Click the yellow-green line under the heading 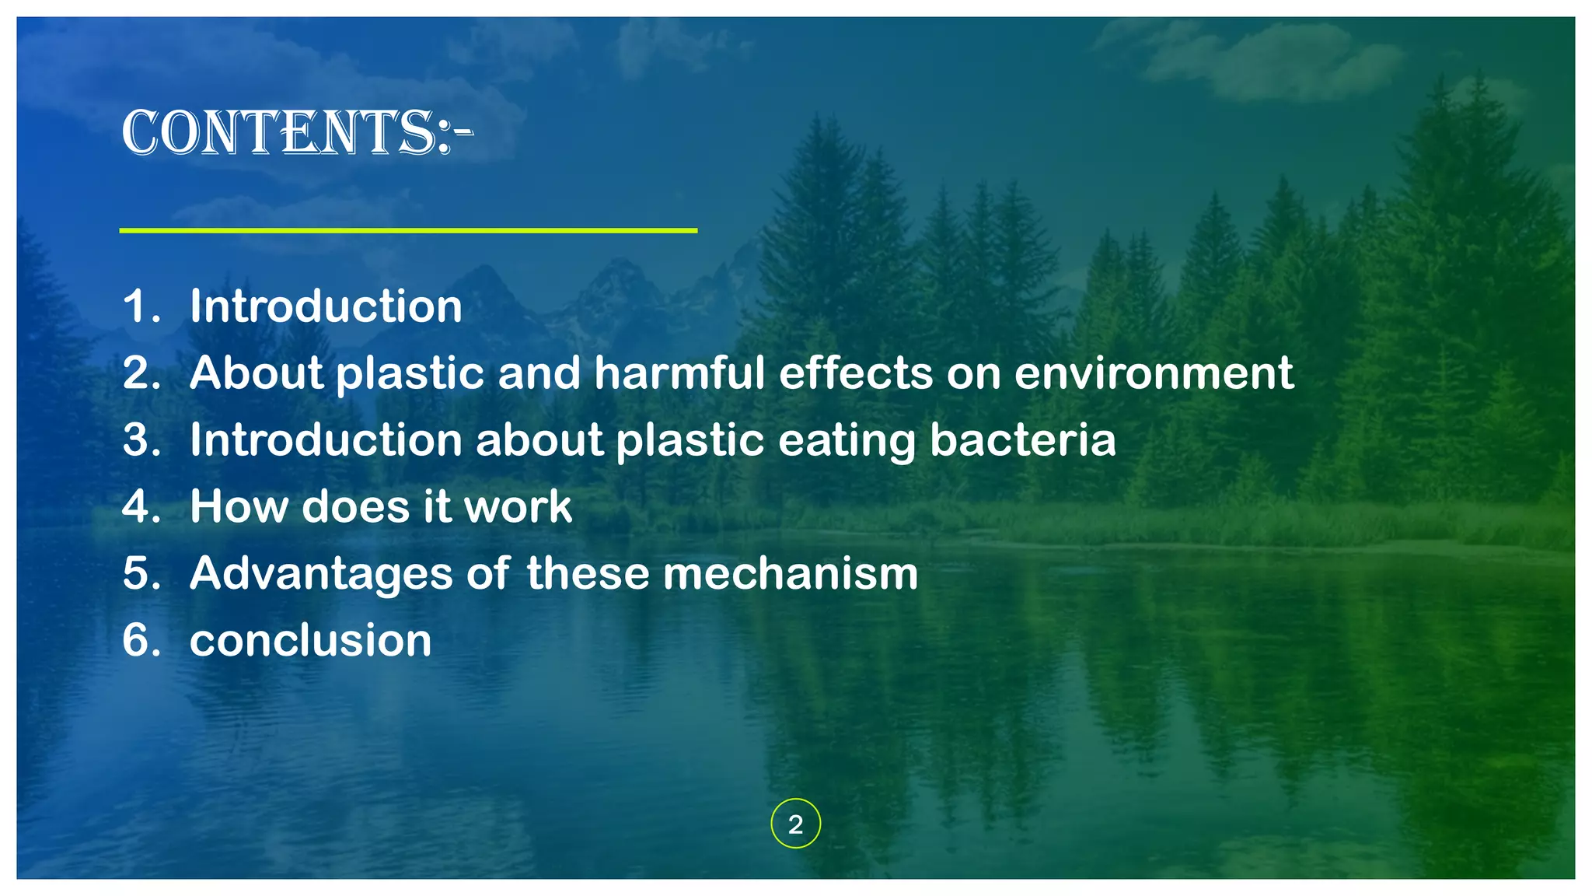408,230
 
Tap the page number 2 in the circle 795,824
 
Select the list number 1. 140,306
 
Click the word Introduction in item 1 326,306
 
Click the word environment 1154,373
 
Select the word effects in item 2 856,373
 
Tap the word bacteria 1023,440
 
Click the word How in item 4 239,506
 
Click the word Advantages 321,575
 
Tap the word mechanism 791,573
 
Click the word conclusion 310,641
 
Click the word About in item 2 257,373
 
